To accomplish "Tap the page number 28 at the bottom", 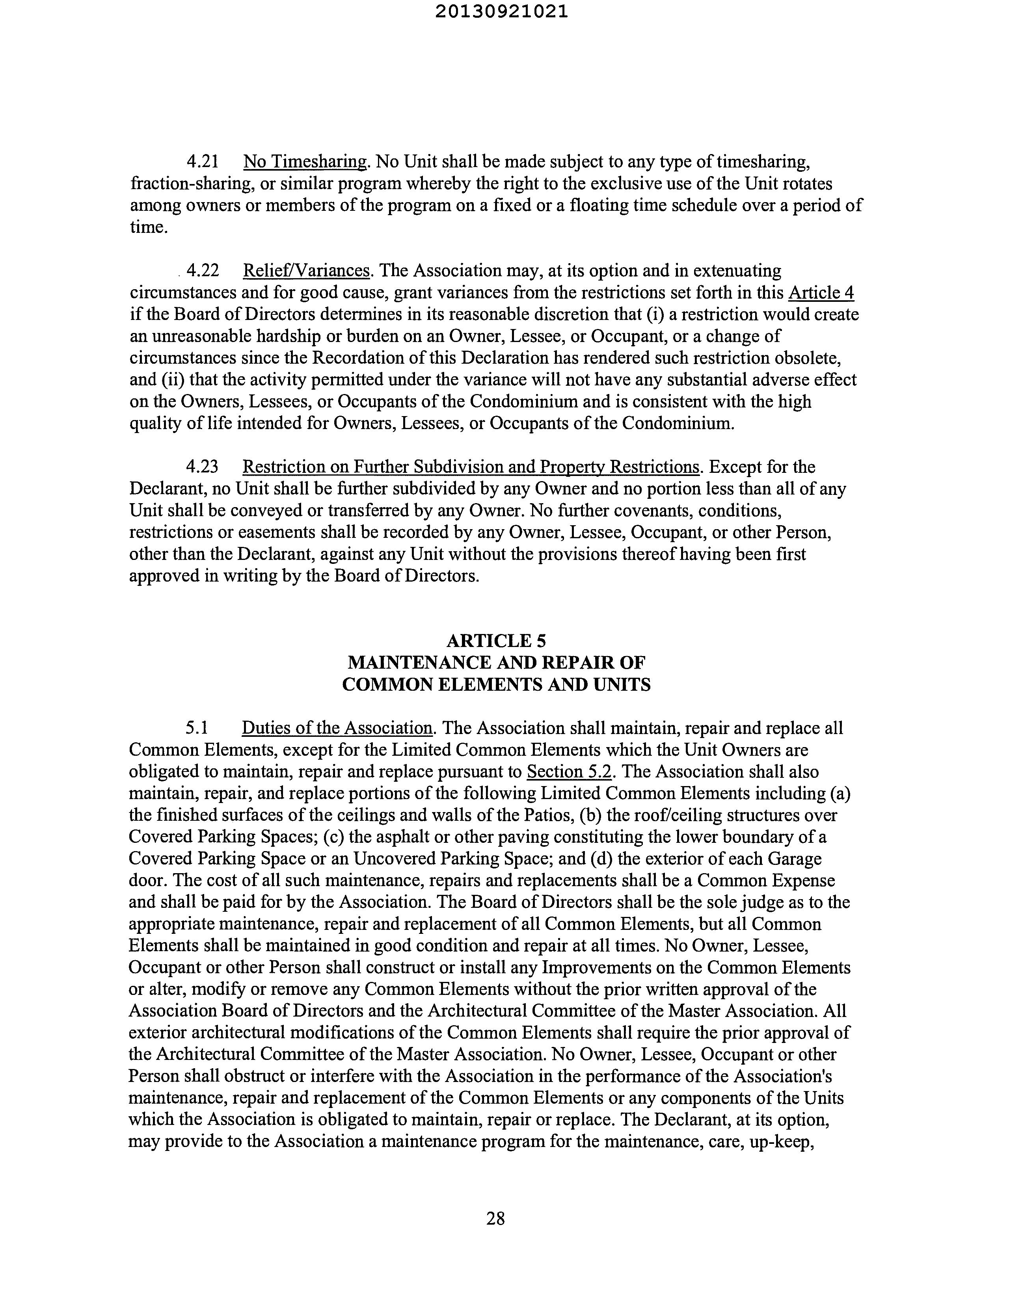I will (495, 1218).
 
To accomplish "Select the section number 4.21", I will (203, 162).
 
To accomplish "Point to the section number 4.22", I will (203, 271).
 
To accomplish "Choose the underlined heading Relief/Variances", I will (306, 271).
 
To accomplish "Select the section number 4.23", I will (203, 467).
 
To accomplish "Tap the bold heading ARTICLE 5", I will (496, 641).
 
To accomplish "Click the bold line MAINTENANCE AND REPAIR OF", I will (496, 663).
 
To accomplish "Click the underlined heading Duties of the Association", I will (337, 729).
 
